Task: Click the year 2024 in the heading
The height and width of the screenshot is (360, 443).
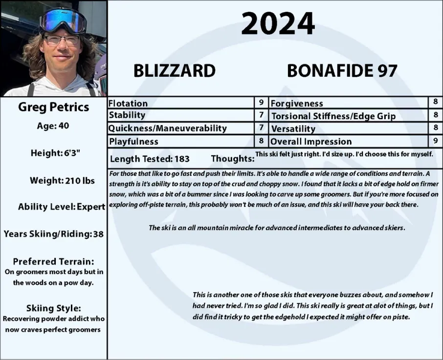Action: [277, 23]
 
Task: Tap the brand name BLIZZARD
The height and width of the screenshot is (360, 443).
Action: [175, 71]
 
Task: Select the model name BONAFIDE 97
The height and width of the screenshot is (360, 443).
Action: [342, 71]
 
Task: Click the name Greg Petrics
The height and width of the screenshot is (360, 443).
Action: [54, 107]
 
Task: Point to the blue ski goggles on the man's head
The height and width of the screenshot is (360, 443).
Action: [63, 20]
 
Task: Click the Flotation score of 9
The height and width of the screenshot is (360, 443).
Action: [262, 103]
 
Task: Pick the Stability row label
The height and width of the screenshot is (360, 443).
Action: [127, 115]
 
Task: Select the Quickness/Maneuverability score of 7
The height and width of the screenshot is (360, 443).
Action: [262, 128]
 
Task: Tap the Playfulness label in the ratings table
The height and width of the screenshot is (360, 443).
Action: [133, 141]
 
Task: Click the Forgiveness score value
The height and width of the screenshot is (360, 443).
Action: [435, 103]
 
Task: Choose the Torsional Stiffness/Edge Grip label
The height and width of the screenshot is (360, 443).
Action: [333, 116]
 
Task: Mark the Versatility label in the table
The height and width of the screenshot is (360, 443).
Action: [293, 128]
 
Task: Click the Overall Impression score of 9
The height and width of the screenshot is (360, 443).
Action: [435, 141]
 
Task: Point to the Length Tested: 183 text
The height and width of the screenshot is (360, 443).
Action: [150, 159]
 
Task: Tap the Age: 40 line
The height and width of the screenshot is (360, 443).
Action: [53, 126]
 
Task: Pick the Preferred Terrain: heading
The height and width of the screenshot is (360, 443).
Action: [53, 261]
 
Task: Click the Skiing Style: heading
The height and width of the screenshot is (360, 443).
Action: [53, 308]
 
